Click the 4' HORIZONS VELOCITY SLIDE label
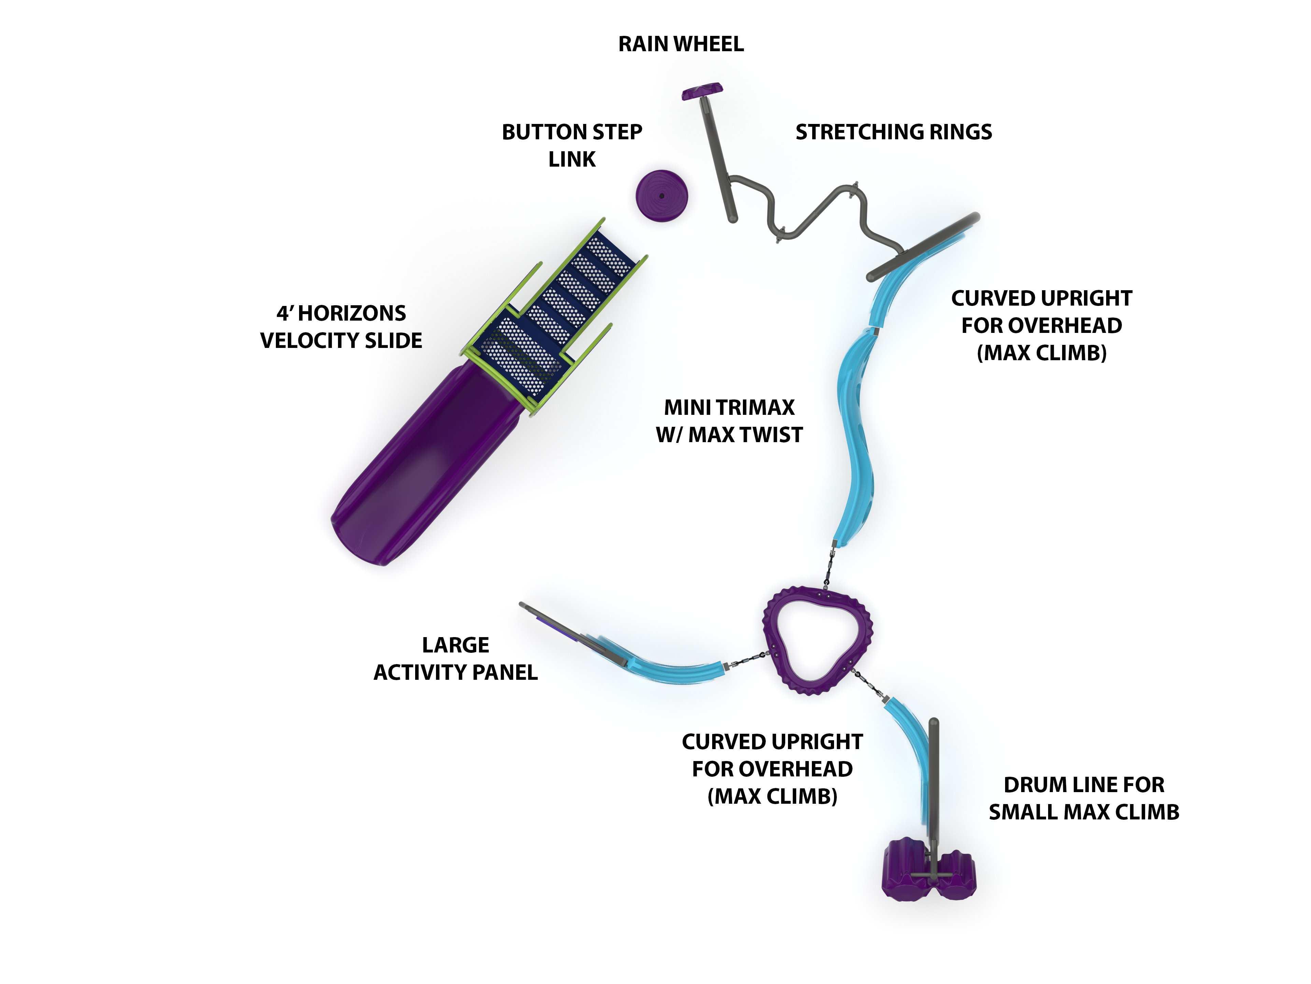tap(341, 327)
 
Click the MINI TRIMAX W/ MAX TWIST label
tap(729, 421)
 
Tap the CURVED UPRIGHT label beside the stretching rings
tap(1041, 325)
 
